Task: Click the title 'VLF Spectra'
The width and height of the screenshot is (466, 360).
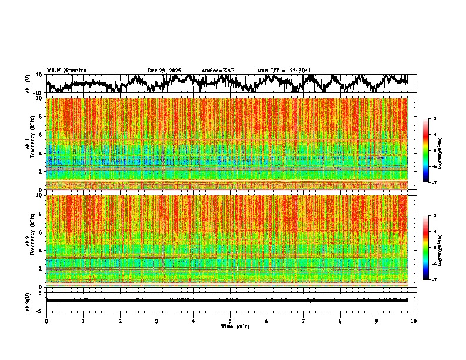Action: tap(66, 70)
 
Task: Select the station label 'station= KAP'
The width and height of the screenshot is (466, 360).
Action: tap(218, 71)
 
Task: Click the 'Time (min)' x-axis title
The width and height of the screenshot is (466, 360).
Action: tap(235, 326)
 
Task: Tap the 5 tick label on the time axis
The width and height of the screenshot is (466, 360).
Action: tap(230, 321)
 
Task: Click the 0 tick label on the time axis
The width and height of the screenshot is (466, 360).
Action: tap(46, 321)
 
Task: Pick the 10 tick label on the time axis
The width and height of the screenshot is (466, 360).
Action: tap(414, 321)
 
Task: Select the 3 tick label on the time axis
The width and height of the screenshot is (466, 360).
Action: tap(157, 321)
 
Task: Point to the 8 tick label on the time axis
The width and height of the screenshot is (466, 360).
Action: tap(340, 321)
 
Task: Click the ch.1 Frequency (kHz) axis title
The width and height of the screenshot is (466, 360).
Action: tap(29, 144)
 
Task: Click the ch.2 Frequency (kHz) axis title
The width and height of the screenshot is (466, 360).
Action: tap(29, 241)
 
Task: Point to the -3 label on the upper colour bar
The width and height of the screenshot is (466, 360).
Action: tap(439, 119)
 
